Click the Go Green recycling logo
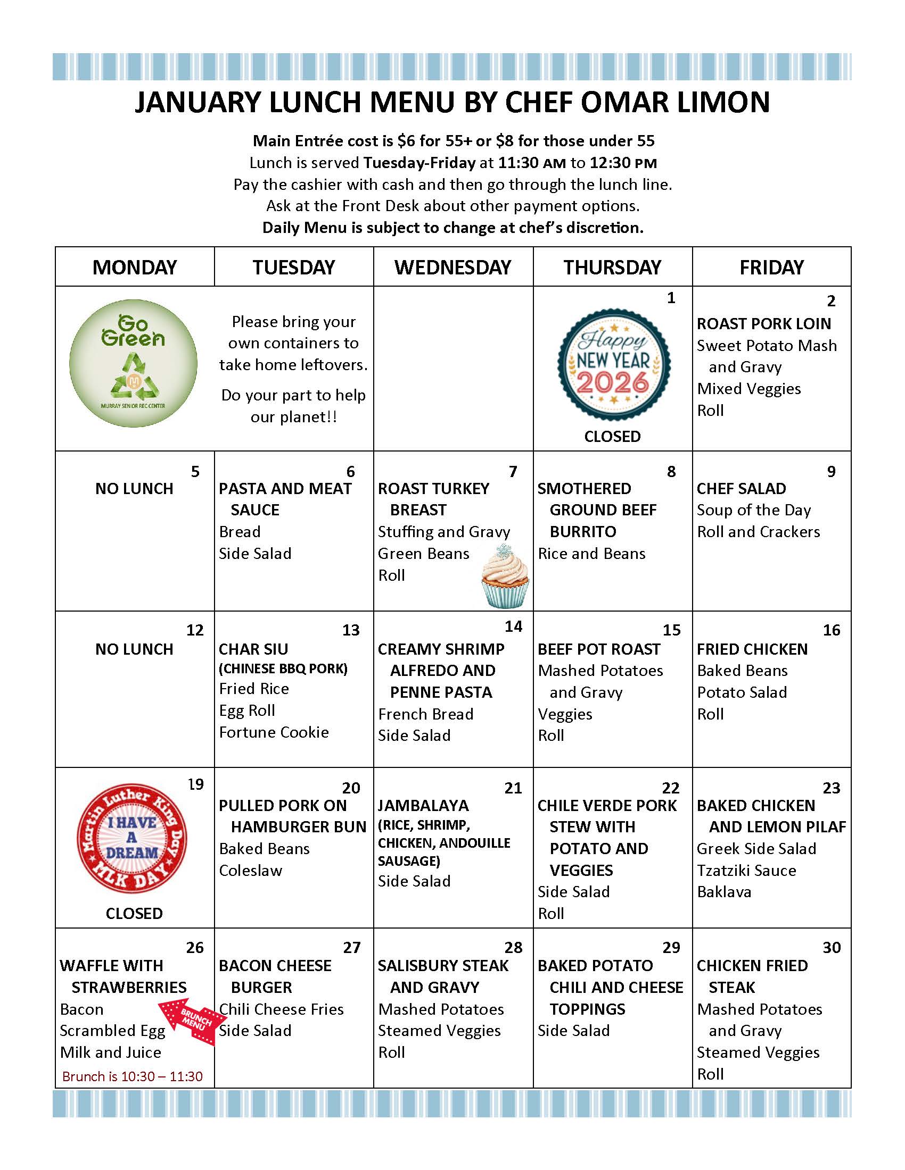tap(133, 363)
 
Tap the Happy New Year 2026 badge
tap(613, 364)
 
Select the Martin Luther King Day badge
tap(132, 838)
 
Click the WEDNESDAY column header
tap(453, 268)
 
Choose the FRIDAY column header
tap(771, 268)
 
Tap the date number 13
tap(351, 630)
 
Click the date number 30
tap(831, 948)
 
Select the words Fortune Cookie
tap(274, 732)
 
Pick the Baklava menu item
tap(724, 892)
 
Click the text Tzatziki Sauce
tap(746, 871)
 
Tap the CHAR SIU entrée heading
tap(253, 649)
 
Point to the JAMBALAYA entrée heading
tap(423, 806)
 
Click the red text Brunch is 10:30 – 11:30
tap(133, 1076)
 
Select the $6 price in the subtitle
tap(405, 141)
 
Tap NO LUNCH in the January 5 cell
tap(134, 489)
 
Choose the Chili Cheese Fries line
tap(282, 1009)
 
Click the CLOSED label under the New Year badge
tap(612, 437)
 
